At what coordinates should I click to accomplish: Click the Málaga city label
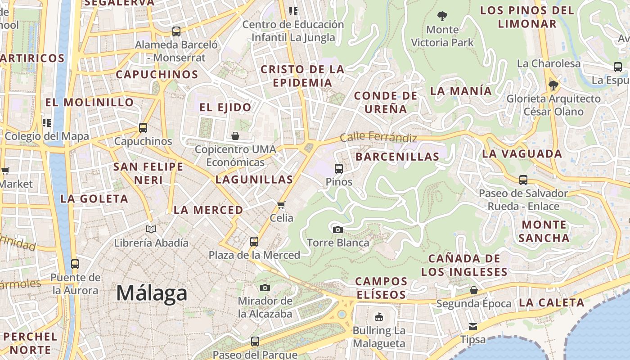click(152, 293)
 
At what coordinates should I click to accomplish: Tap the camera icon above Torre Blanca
click(337, 229)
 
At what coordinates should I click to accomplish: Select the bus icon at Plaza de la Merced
click(254, 242)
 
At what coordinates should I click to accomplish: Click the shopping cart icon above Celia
click(281, 205)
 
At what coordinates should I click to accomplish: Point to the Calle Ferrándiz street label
click(378, 137)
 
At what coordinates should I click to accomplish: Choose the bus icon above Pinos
click(339, 169)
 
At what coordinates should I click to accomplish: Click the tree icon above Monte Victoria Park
click(442, 17)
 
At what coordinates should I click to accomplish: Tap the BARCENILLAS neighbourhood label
click(397, 157)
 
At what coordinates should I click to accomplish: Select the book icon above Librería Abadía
click(151, 229)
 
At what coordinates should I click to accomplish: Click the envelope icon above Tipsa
click(473, 326)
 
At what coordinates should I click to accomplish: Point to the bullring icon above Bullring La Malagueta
click(379, 317)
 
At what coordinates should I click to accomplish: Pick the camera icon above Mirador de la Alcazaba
click(265, 288)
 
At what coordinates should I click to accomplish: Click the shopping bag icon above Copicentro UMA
click(235, 135)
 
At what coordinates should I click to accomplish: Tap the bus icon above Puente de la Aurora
click(75, 264)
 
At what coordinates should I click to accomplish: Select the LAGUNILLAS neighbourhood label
click(254, 180)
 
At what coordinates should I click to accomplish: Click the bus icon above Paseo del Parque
click(255, 342)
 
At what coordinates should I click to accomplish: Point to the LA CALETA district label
click(551, 302)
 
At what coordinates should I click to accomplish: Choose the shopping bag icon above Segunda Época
click(473, 290)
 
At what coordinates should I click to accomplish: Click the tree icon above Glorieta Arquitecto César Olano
click(553, 85)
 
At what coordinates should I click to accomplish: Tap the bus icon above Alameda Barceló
click(176, 31)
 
